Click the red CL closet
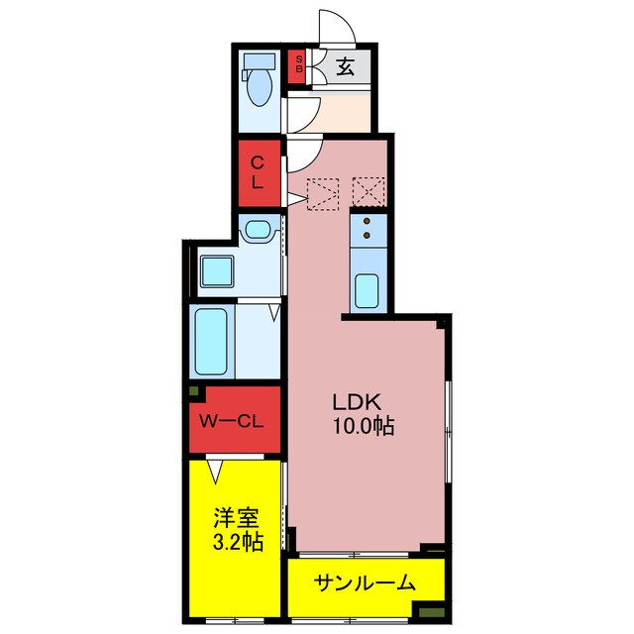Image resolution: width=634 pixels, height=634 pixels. tap(258, 171)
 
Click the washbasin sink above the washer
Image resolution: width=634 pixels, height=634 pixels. tap(258, 232)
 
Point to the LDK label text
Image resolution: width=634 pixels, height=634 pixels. tap(356, 404)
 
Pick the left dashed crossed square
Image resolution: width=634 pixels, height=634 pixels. tap(324, 193)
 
